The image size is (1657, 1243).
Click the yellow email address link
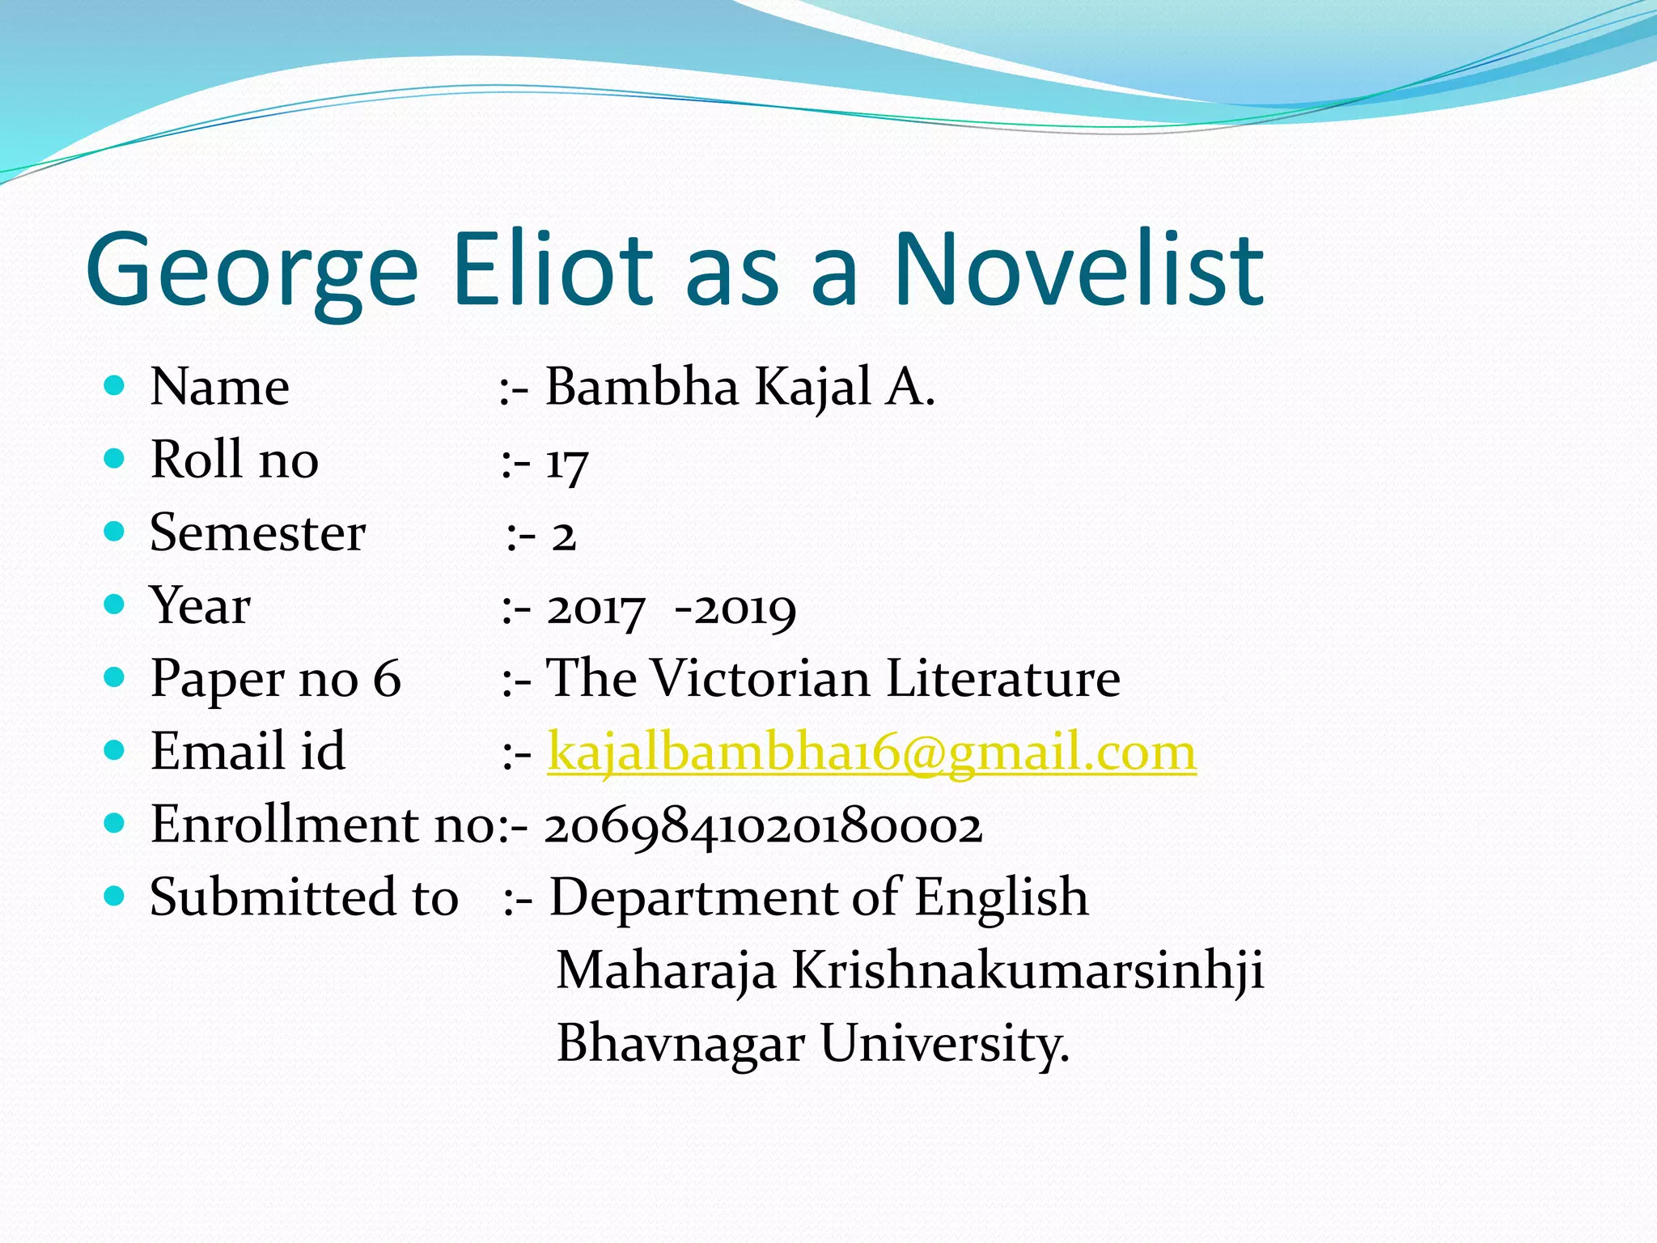click(x=871, y=753)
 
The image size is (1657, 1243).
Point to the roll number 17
click(x=566, y=464)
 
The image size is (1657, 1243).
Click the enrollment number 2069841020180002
click(x=763, y=827)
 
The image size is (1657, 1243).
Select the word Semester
click(x=257, y=533)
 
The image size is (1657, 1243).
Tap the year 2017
click(x=596, y=609)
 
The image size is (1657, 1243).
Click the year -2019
click(x=735, y=609)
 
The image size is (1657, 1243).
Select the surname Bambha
click(x=642, y=387)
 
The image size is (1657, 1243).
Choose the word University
click(x=944, y=1044)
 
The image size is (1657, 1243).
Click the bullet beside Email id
click(x=115, y=750)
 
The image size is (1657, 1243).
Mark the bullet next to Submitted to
click(x=115, y=896)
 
